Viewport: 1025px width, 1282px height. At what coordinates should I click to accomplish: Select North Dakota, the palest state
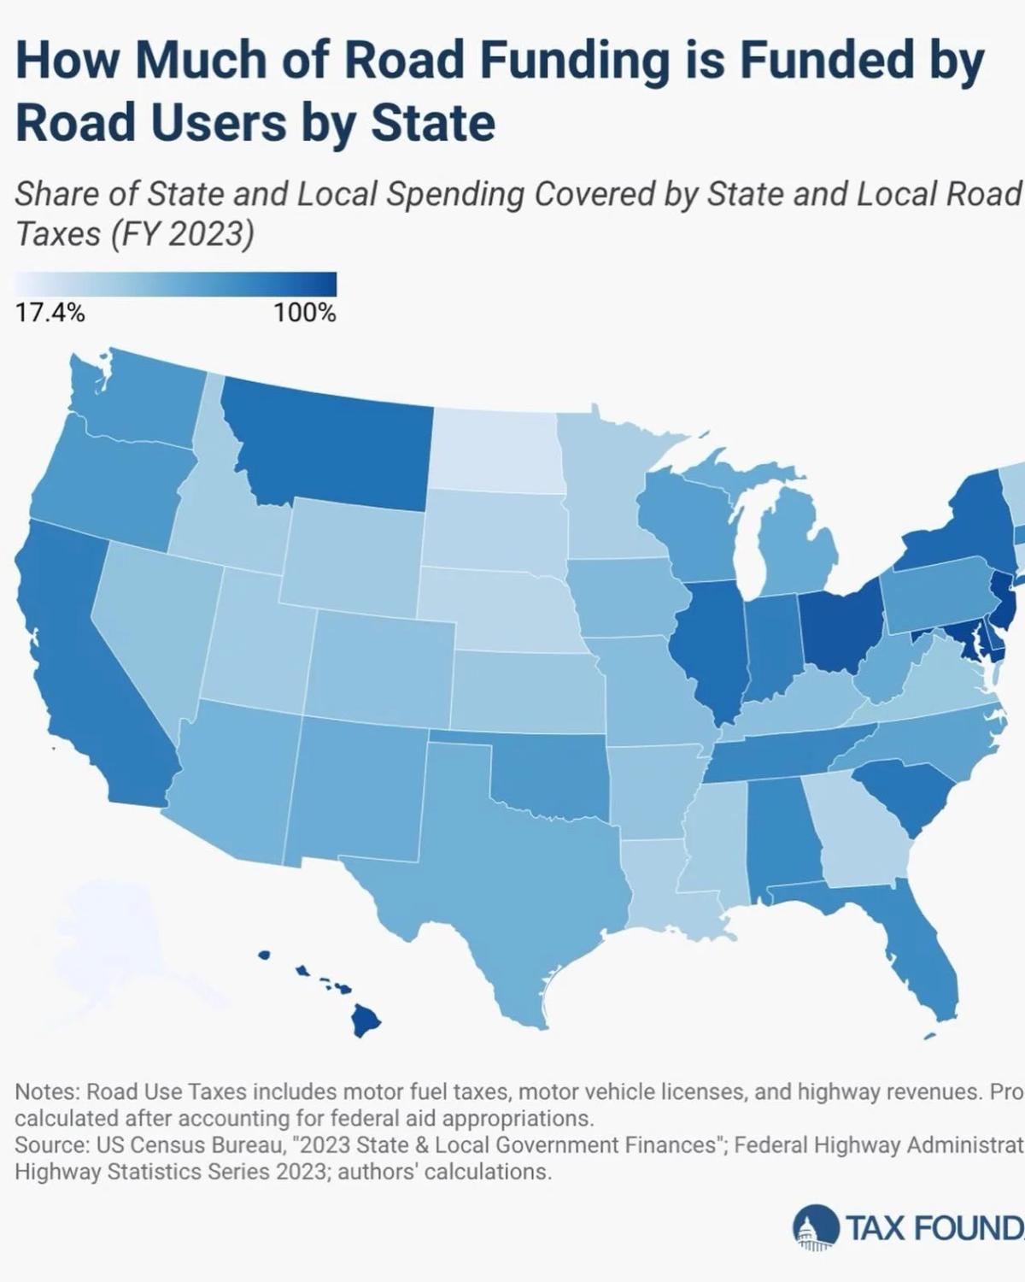[495, 449]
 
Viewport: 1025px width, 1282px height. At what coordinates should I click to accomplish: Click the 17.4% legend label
[50, 314]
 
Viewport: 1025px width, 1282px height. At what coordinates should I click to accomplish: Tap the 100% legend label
[305, 314]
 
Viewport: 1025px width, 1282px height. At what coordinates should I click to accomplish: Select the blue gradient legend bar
[176, 284]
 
